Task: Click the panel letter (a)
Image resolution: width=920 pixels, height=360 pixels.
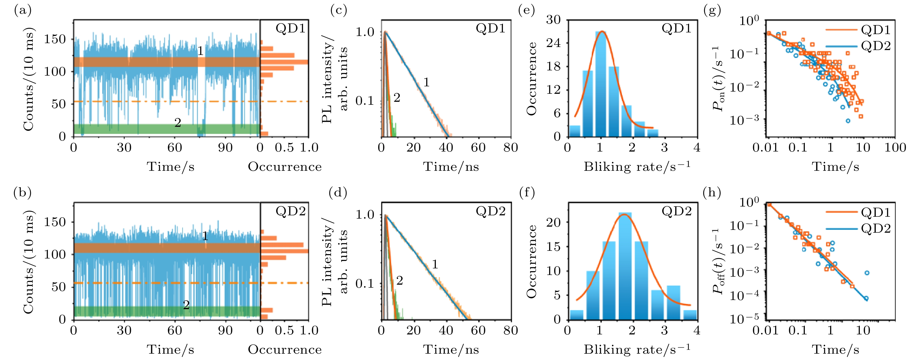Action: point(22,11)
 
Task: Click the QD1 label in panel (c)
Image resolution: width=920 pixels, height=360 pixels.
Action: point(490,29)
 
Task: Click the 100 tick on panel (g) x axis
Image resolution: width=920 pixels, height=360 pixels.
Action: point(895,147)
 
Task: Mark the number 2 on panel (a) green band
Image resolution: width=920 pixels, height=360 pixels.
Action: point(178,123)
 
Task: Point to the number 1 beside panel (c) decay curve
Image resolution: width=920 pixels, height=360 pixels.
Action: point(426,83)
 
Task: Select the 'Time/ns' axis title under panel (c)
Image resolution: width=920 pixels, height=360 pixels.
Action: point(451,166)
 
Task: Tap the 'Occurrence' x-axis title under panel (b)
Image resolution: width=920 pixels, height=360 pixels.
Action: point(285,349)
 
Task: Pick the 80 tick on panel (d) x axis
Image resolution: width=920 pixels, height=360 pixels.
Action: point(510,330)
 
